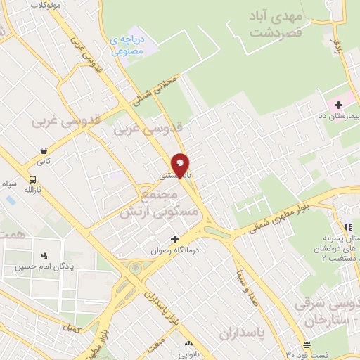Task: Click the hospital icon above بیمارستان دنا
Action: pyautogui.click(x=338, y=104)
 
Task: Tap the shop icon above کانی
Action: pyautogui.click(x=44, y=150)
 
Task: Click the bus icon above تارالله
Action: pyautogui.click(x=33, y=179)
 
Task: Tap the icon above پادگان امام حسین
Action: pyautogui.click(x=45, y=255)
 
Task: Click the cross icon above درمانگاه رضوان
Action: pyautogui.click(x=175, y=239)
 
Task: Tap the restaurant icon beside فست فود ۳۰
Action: pyautogui.click(x=307, y=345)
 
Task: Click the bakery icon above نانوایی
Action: pyautogui.click(x=188, y=344)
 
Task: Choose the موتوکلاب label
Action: pyautogui.click(x=46, y=5)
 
